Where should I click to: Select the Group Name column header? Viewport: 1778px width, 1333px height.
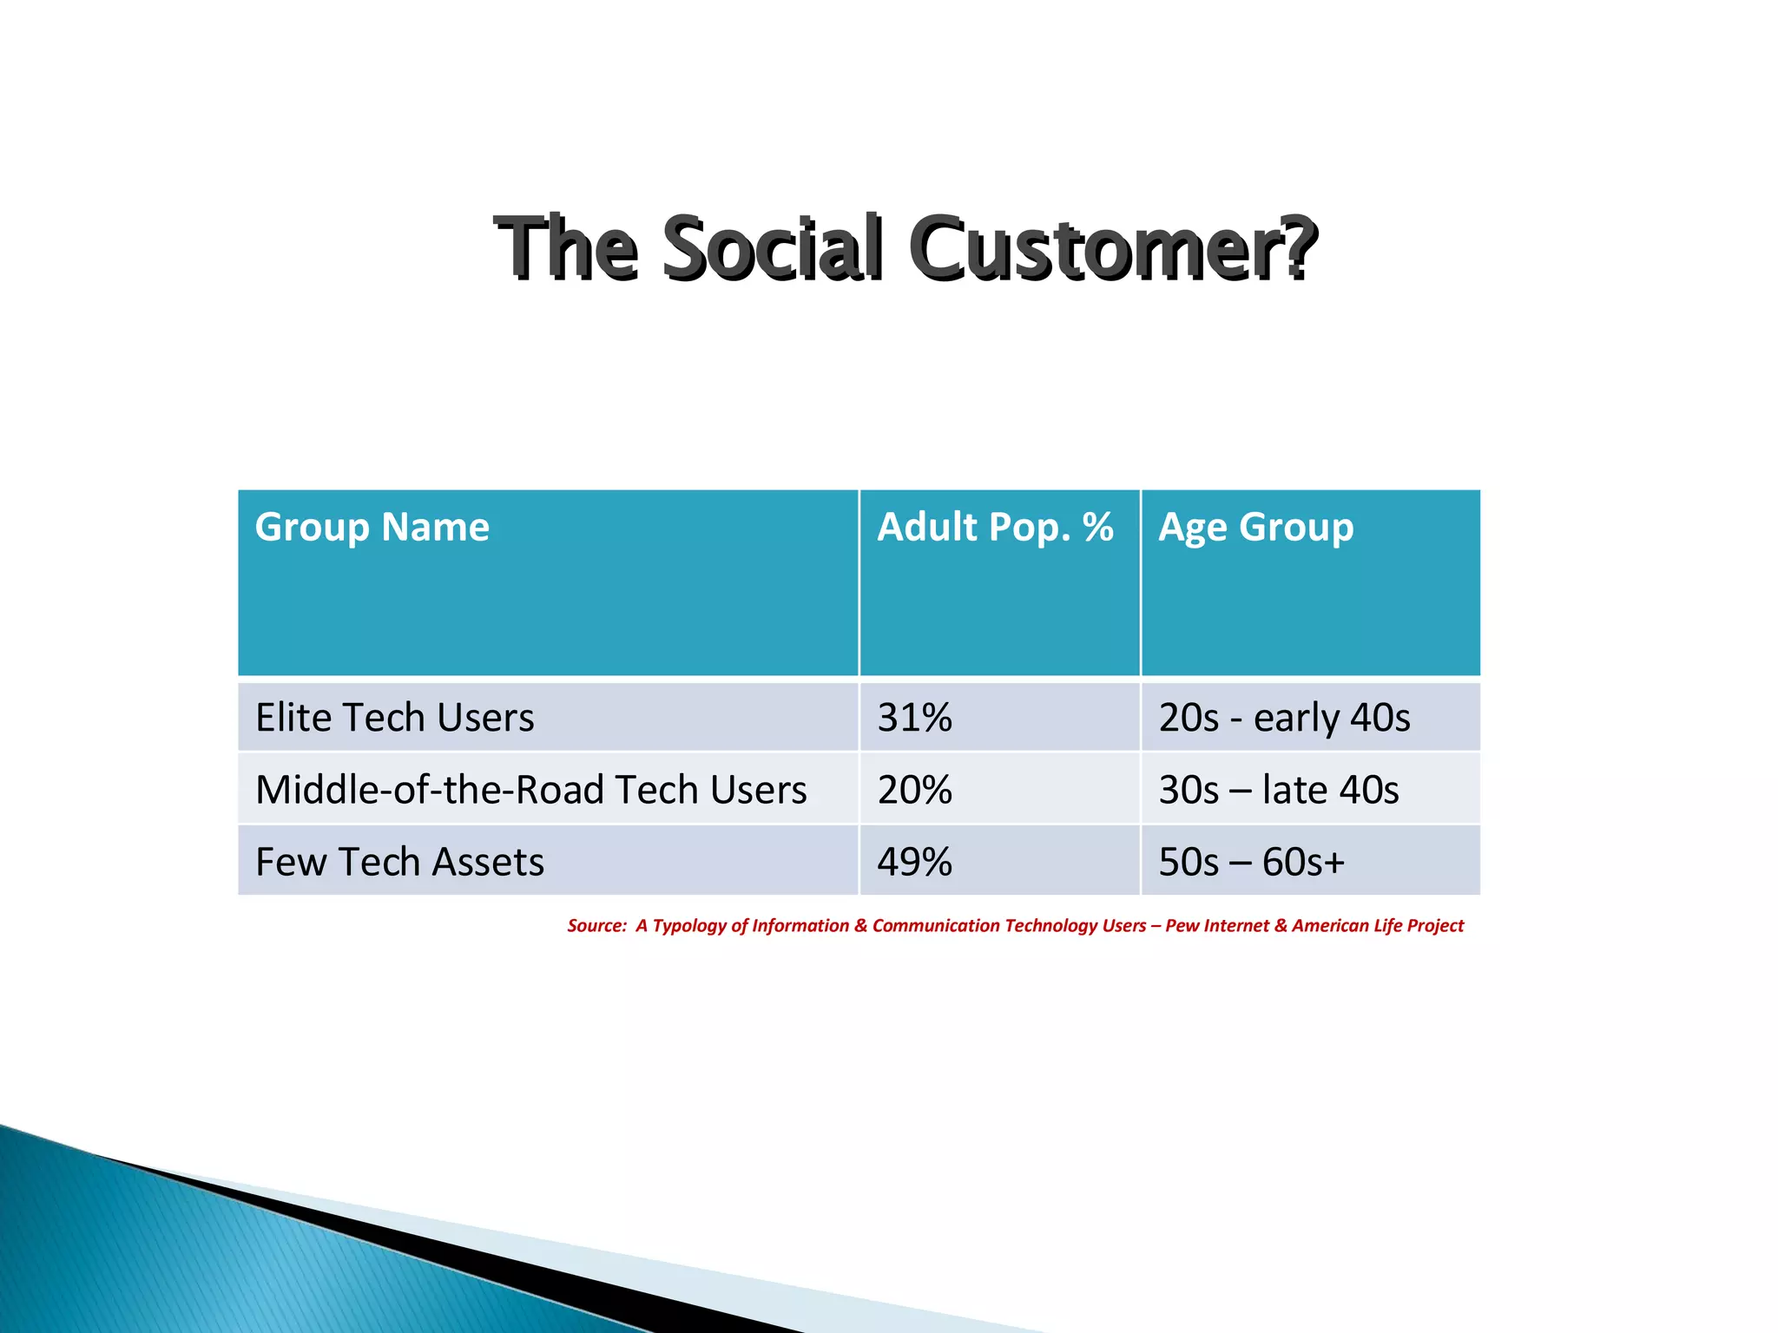(x=372, y=527)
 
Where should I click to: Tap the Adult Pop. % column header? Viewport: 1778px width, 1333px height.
(x=995, y=527)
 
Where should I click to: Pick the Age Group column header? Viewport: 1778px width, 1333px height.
(x=1255, y=527)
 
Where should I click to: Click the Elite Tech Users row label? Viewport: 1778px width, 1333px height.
(x=395, y=718)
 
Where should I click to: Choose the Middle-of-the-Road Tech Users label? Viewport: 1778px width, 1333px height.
(x=531, y=790)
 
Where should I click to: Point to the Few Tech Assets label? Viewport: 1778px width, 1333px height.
(x=400, y=862)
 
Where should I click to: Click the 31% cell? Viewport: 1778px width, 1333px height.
(x=914, y=718)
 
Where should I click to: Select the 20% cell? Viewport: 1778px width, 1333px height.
(x=914, y=790)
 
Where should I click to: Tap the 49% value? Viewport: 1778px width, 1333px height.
(x=914, y=862)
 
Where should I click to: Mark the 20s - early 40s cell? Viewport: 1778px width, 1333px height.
(x=1284, y=718)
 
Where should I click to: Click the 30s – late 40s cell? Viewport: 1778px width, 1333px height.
(x=1279, y=790)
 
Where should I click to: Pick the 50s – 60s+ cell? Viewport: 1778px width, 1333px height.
(x=1252, y=862)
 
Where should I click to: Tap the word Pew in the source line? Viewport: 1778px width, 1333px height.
(x=1182, y=926)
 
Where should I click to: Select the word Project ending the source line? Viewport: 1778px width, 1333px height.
(x=1435, y=926)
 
